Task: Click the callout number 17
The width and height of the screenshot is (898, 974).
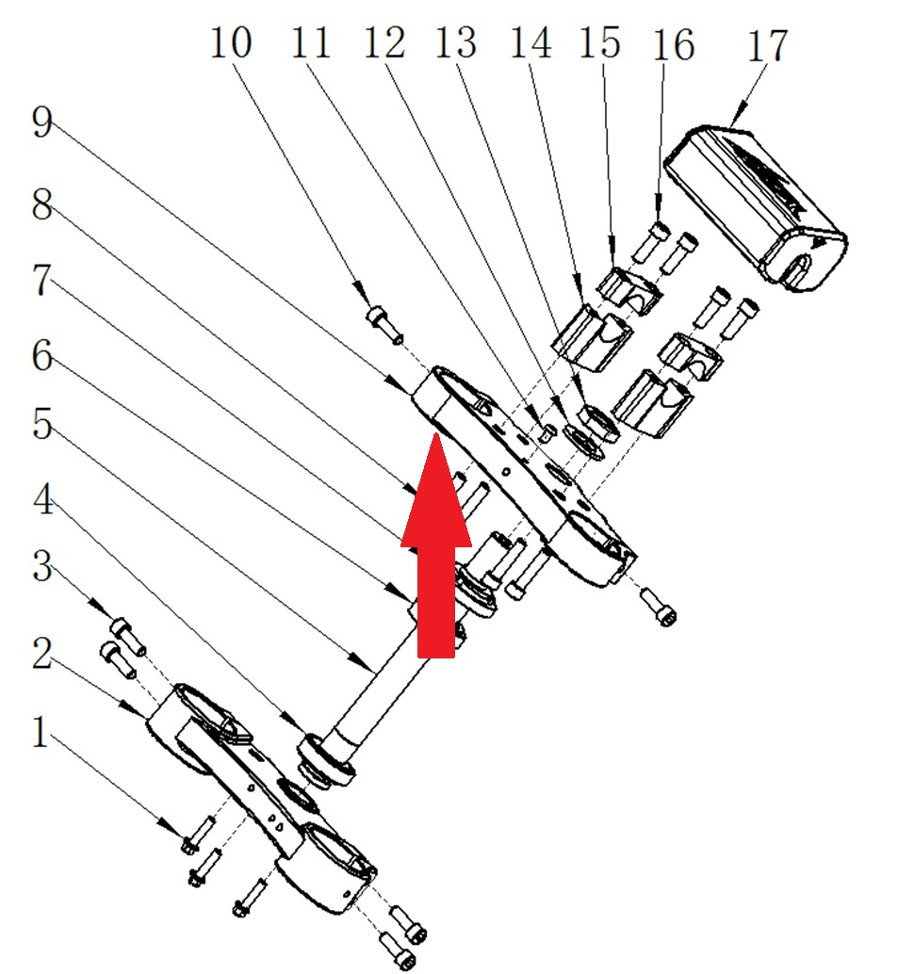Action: (x=767, y=44)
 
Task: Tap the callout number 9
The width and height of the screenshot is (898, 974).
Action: (x=41, y=122)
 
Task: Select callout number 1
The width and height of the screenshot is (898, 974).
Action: (x=41, y=732)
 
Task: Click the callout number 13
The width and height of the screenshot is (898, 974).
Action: (x=456, y=43)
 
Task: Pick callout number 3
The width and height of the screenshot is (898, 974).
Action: (x=41, y=566)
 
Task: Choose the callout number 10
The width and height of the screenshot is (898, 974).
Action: (x=231, y=43)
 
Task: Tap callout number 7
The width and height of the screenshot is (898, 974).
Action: (x=41, y=280)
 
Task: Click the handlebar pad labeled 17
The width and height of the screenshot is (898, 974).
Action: (x=756, y=208)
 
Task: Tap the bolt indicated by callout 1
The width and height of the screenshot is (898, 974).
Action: (x=198, y=835)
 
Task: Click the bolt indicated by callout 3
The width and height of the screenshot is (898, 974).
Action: (x=129, y=636)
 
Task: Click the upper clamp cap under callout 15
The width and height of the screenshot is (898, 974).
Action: (x=629, y=291)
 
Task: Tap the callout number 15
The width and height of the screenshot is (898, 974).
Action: (x=599, y=43)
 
